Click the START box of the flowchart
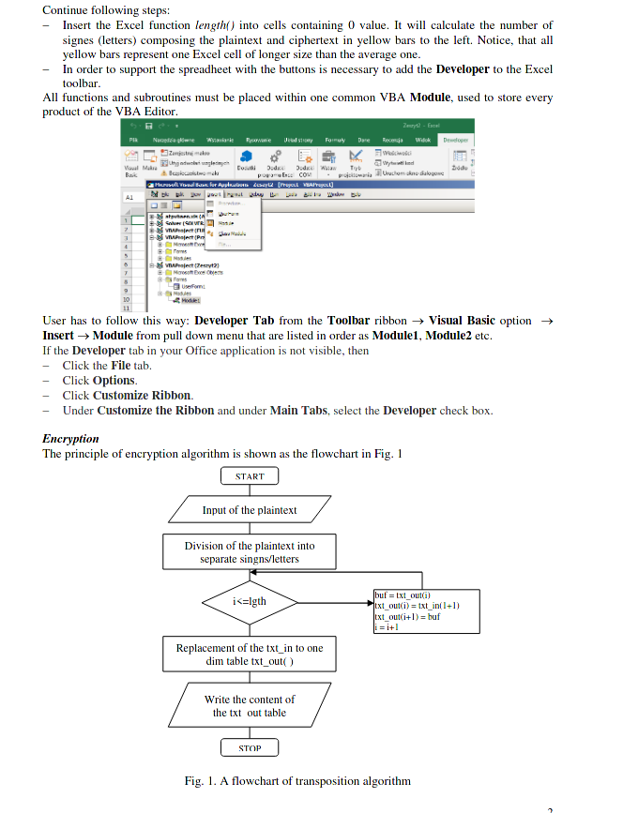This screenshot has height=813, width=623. click(x=250, y=476)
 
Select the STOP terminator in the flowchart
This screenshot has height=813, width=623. click(x=250, y=747)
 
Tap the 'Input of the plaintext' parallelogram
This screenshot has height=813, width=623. click(x=250, y=510)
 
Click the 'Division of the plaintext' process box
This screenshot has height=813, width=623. click(x=250, y=552)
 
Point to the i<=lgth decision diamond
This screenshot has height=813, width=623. click(x=250, y=600)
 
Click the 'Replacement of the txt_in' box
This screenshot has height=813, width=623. click(x=250, y=654)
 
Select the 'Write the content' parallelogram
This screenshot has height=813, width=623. click(x=250, y=705)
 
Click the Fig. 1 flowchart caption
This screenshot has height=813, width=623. click(x=297, y=781)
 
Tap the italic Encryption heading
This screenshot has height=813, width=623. click(x=70, y=438)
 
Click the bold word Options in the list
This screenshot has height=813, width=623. click(x=114, y=380)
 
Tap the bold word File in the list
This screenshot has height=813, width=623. click(x=121, y=365)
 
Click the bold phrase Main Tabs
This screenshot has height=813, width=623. click(x=296, y=410)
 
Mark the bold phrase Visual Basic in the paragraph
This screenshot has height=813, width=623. click(x=462, y=320)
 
